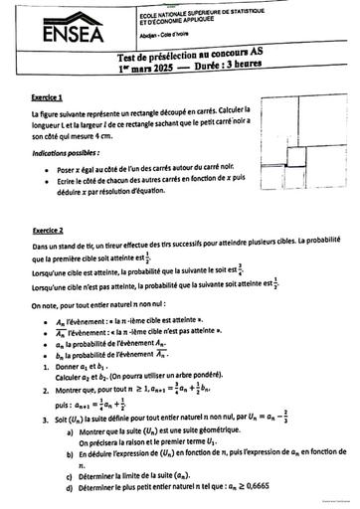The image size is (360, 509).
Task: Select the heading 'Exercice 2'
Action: click(48, 230)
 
